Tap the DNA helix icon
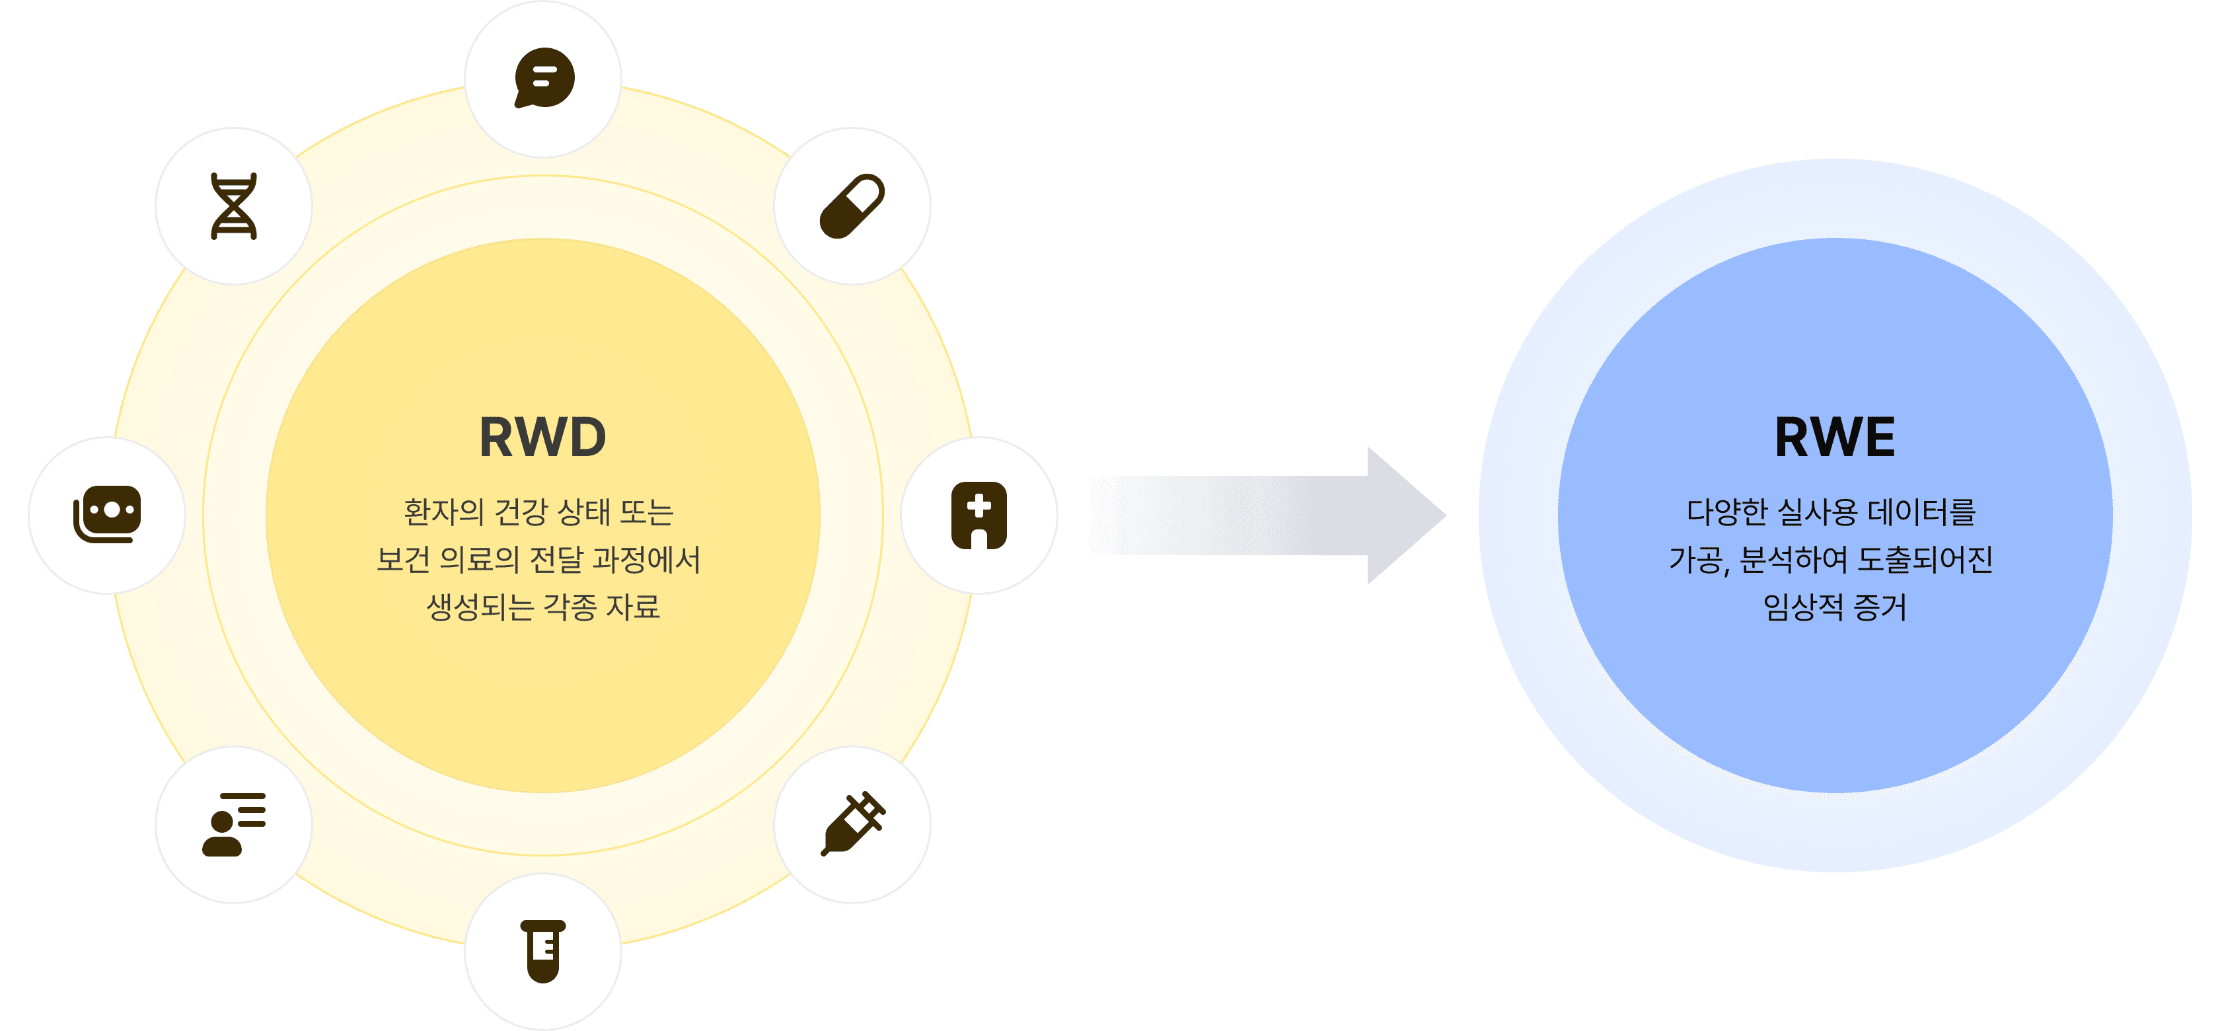pyautogui.click(x=233, y=206)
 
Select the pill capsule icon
pyautogui.click(x=852, y=206)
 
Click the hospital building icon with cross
pyautogui.click(x=979, y=515)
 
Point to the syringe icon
pyautogui.click(x=852, y=824)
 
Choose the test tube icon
pyautogui.click(x=544, y=951)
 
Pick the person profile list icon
pyautogui.click(x=233, y=824)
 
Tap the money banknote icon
pyautogui.click(x=107, y=515)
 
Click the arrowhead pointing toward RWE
pyautogui.click(x=1405, y=515)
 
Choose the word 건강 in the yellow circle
pyautogui.click(x=521, y=512)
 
